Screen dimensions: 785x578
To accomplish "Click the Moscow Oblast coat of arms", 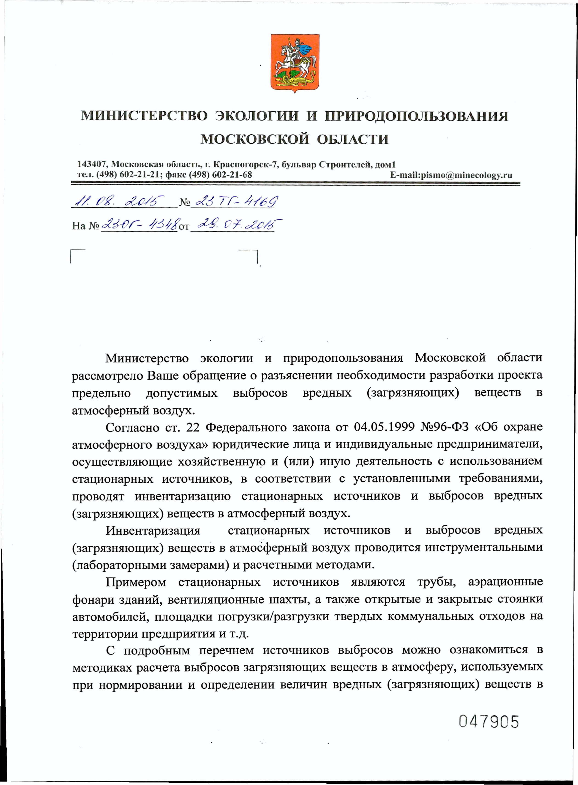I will pyautogui.click(x=295, y=63).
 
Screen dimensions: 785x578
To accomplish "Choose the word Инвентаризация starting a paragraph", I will pyautogui.click(x=153, y=531).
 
